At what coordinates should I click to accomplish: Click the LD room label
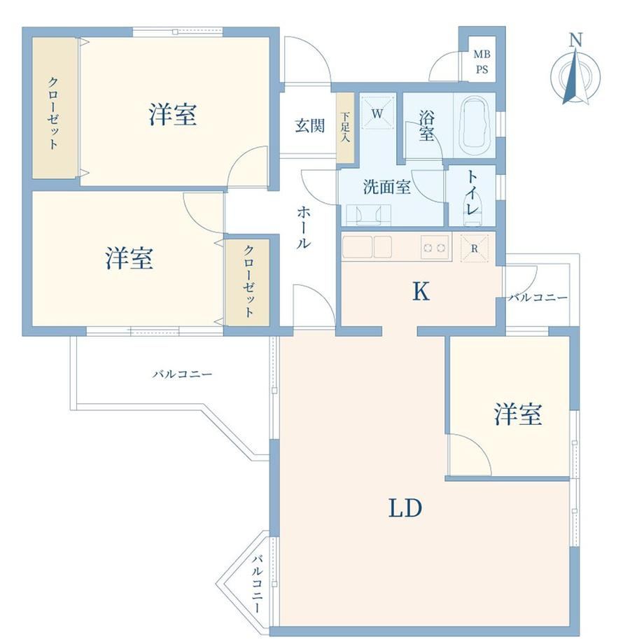[x=405, y=508]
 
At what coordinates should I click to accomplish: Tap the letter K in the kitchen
[x=421, y=292]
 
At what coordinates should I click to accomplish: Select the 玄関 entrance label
[x=310, y=126]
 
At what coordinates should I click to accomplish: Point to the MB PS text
[x=482, y=62]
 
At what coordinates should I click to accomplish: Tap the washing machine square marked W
[x=377, y=113]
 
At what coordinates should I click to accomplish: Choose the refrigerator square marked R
[x=475, y=248]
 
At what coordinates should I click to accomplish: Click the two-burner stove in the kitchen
[x=434, y=247]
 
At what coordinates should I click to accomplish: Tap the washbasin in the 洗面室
[x=368, y=215]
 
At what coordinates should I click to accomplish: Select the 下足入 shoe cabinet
[x=345, y=127]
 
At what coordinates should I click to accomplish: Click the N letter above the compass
[x=576, y=41]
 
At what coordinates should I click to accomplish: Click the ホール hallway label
[x=304, y=227]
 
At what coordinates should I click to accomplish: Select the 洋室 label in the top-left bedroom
[x=172, y=114]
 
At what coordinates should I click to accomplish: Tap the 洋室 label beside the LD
[x=518, y=414]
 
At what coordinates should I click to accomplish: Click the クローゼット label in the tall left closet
[x=53, y=113]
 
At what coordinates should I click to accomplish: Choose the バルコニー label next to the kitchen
[x=538, y=297]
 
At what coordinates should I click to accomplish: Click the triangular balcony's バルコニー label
[x=257, y=584]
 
